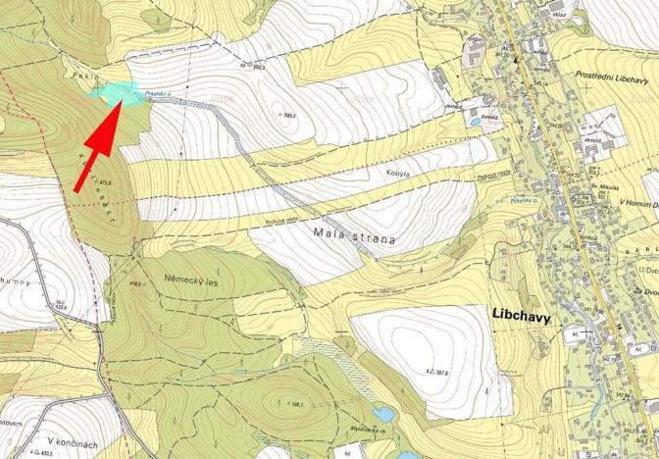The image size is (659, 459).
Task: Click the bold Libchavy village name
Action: (517, 318)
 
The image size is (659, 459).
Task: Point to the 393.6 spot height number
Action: (287, 115)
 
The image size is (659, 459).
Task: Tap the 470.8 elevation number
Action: (104, 182)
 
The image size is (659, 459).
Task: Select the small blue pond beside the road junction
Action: (475, 122)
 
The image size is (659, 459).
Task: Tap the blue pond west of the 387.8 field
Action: (383, 414)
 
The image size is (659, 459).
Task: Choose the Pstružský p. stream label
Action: (158, 95)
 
